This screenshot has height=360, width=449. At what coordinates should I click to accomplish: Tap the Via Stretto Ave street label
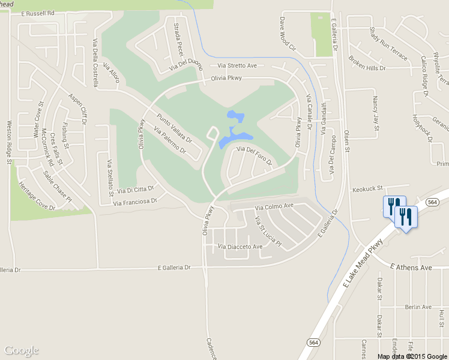click(x=237, y=65)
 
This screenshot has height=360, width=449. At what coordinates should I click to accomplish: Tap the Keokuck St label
click(x=367, y=188)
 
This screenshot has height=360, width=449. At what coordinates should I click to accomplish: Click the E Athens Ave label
click(x=411, y=266)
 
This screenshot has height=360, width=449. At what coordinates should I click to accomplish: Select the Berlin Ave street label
click(x=418, y=307)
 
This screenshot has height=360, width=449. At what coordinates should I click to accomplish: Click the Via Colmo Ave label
click(x=274, y=206)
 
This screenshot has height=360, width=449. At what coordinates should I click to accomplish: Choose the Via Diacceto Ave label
click(x=240, y=247)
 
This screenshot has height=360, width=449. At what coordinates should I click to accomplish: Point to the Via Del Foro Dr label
click(x=255, y=155)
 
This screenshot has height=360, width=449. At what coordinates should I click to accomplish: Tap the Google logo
click(x=21, y=350)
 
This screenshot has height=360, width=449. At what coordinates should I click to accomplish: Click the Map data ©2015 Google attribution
click(x=412, y=356)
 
